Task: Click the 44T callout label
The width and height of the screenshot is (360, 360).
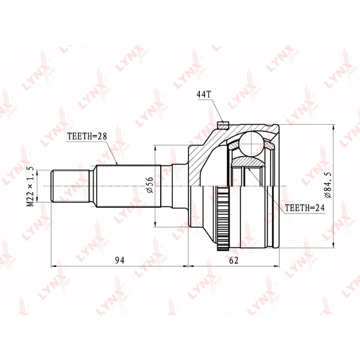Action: click(x=203, y=95)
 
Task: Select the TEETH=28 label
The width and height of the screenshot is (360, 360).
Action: click(x=87, y=136)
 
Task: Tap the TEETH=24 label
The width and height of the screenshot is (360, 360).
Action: click(x=305, y=208)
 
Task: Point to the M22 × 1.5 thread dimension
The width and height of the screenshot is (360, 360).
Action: click(x=31, y=186)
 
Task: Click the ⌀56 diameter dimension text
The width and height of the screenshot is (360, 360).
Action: click(x=149, y=185)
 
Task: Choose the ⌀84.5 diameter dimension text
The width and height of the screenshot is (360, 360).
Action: click(x=328, y=185)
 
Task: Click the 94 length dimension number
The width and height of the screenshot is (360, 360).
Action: click(x=119, y=260)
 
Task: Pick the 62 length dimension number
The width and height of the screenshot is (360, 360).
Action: click(x=234, y=260)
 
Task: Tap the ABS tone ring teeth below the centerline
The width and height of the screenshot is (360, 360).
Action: click(x=223, y=219)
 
